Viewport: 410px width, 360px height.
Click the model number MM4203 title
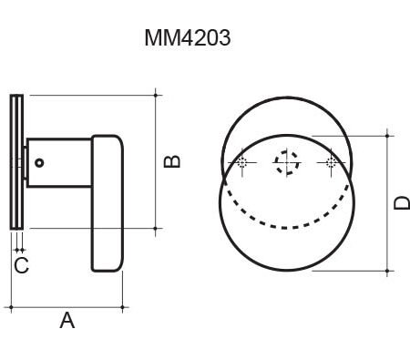click(x=188, y=37)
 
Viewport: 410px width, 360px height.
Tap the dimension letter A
click(x=67, y=320)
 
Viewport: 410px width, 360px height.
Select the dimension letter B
click(x=172, y=161)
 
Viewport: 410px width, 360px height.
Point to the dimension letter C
click(x=21, y=265)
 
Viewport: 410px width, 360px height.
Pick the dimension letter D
click(x=402, y=203)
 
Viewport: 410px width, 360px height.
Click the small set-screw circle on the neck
click(x=39, y=163)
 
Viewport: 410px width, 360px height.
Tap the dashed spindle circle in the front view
click(x=286, y=162)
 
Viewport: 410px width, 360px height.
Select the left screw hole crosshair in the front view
click(x=242, y=162)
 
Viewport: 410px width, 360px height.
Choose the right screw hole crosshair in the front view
click(x=331, y=162)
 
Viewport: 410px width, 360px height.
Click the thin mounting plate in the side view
click(x=16, y=162)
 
